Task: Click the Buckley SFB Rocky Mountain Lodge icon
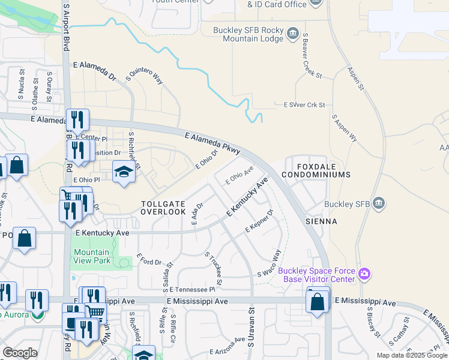[x=292, y=32]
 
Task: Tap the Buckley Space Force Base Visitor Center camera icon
[x=364, y=274]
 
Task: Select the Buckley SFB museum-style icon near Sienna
[x=378, y=203]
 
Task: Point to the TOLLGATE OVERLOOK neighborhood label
[x=163, y=208]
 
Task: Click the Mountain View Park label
[x=92, y=257]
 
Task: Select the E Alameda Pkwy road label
[x=212, y=144]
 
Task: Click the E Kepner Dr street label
[x=259, y=222]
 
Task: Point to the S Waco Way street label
[x=270, y=263]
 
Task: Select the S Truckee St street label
[x=214, y=268]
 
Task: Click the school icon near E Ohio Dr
[x=124, y=173]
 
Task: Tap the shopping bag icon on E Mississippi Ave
[x=317, y=302]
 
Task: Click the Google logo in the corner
[x=20, y=352]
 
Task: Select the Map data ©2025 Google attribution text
[x=412, y=355]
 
